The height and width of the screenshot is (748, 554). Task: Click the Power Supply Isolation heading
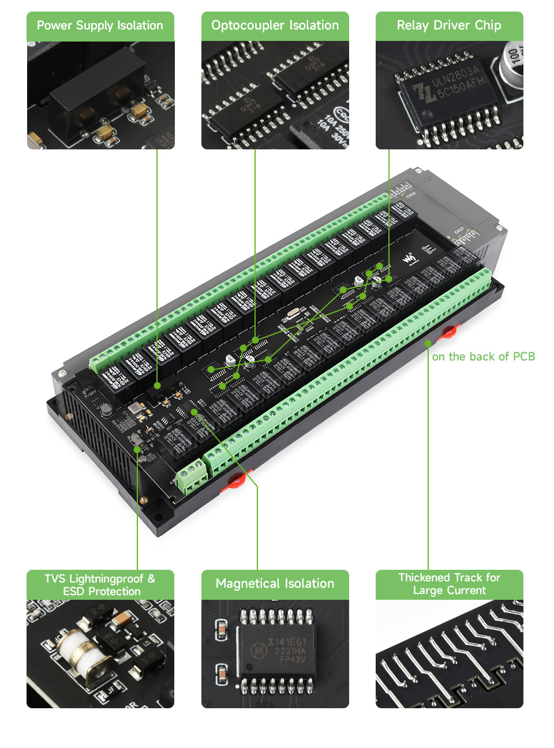(x=100, y=26)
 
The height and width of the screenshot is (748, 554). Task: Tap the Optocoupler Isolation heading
(x=275, y=26)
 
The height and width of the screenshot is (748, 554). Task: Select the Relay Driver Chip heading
(x=449, y=26)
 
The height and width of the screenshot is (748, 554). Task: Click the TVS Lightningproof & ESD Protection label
(x=100, y=585)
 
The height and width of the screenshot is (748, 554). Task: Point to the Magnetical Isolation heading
(x=275, y=584)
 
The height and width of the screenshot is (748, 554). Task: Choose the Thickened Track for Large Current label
(x=449, y=584)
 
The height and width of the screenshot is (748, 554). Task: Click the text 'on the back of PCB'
(x=483, y=357)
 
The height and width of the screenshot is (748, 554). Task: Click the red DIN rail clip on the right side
(x=449, y=331)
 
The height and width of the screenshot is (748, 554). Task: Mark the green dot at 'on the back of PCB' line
(x=428, y=344)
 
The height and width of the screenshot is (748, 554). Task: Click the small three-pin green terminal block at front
(x=192, y=476)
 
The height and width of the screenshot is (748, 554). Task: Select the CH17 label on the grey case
(x=459, y=231)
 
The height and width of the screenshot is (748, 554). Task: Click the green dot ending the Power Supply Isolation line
(x=157, y=385)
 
